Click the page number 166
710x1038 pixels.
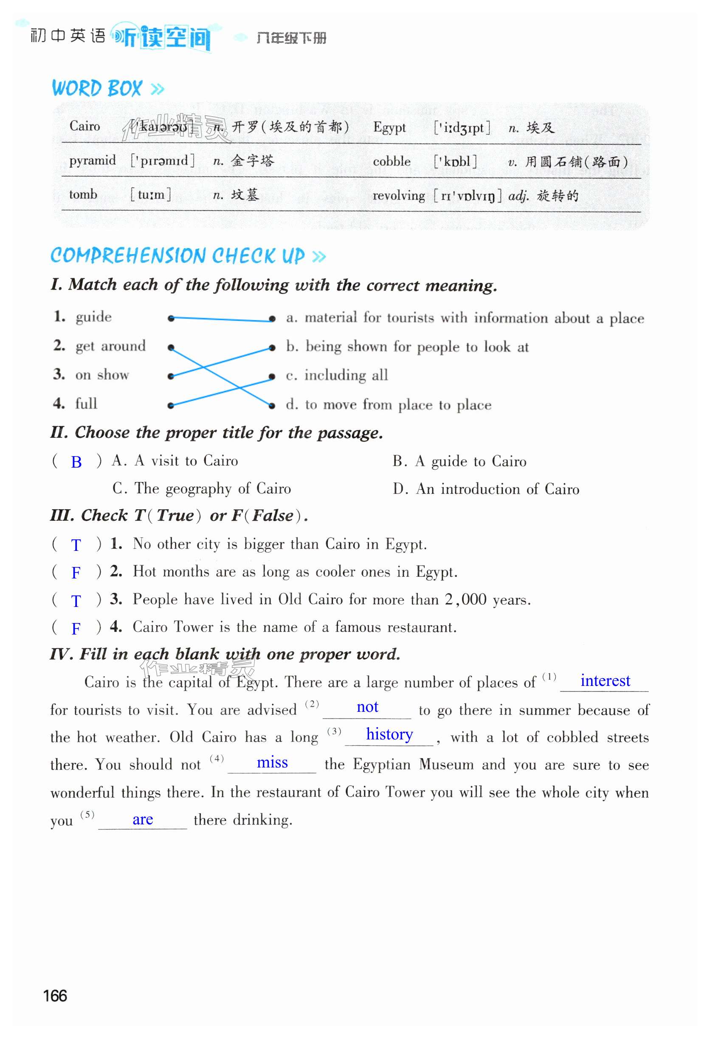55,996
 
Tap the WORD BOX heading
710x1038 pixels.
97,88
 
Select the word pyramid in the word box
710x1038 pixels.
92,161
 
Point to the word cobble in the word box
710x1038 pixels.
392,161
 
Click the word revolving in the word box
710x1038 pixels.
398,195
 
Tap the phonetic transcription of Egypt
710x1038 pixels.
462,128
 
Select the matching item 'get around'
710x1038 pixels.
110,346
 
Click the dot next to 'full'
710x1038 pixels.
171,405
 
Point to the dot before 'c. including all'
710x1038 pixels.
271,377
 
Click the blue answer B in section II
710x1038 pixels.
76,462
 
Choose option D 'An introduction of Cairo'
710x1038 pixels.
486,489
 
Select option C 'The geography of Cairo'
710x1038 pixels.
201,488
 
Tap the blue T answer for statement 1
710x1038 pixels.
76,545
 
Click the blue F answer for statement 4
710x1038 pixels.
76,629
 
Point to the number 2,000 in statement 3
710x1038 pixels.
465,599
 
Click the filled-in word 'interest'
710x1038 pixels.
605,681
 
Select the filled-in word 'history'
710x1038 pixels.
389,734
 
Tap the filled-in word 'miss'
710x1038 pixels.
272,762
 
